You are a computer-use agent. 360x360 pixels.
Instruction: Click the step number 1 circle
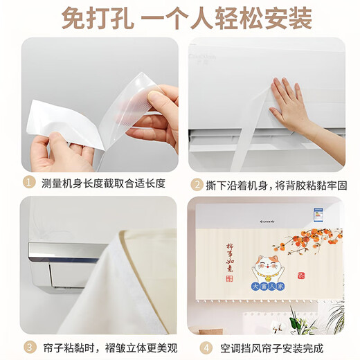[x=28, y=183]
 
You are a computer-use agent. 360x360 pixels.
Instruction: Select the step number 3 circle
[x=28, y=346]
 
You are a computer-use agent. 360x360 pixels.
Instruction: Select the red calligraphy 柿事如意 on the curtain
[x=231, y=256]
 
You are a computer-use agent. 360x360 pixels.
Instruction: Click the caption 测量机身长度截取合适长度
[x=104, y=183]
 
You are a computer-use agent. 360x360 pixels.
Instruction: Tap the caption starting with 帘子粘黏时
[x=104, y=346]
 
